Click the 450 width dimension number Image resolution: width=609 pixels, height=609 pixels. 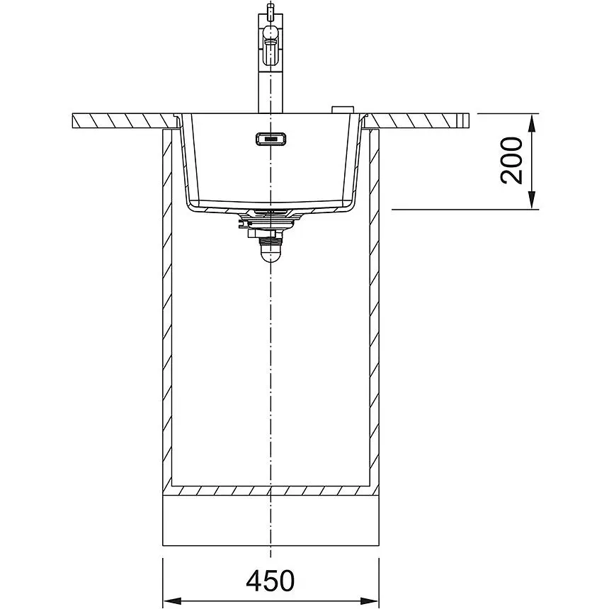[271, 581]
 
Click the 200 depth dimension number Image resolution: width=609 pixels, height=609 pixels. [511, 161]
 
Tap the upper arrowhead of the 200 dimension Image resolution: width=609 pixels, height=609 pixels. [533, 123]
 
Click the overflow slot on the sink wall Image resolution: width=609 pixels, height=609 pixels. [271, 138]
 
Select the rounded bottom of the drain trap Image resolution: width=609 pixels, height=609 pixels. [271, 254]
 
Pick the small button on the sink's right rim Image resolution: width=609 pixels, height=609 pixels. [342, 109]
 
